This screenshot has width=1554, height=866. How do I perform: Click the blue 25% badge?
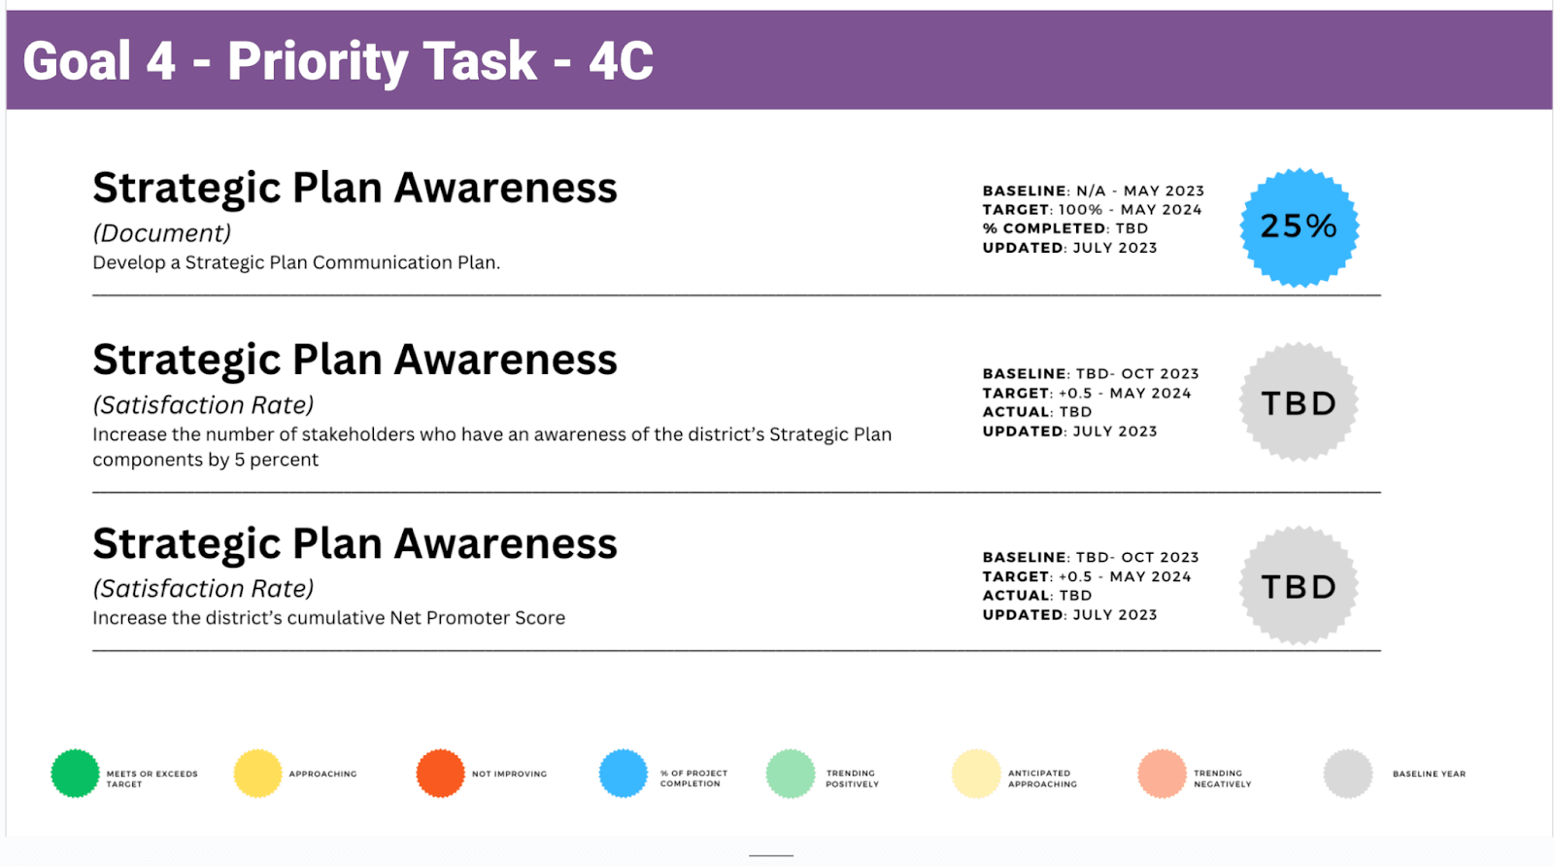click(x=1299, y=227)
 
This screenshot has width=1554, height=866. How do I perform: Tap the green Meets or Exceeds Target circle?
click(x=75, y=773)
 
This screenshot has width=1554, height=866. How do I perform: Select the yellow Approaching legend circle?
click(x=257, y=773)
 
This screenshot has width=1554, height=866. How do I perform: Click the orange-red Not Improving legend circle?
click(x=440, y=773)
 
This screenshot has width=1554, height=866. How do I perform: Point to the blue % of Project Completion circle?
click(x=623, y=773)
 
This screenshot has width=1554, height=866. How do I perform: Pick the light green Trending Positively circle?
click(x=791, y=773)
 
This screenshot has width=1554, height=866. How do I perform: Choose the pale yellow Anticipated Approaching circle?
click(x=975, y=773)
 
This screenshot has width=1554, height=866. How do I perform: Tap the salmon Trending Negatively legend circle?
click(x=1162, y=773)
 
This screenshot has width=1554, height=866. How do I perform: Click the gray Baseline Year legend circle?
click(x=1347, y=773)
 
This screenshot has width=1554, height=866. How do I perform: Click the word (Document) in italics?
click(x=161, y=233)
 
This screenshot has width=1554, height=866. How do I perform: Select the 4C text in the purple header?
click(x=621, y=61)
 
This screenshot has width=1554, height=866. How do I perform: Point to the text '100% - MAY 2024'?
click(x=1131, y=210)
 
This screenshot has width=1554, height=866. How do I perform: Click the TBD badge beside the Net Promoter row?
click(x=1299, y=585)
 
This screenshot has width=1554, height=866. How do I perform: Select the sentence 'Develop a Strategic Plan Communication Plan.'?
click(x=296, y=262)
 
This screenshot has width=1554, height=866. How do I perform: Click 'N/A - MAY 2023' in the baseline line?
click(x=1140, y=191)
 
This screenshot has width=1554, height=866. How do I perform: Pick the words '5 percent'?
click(x=276, y=460)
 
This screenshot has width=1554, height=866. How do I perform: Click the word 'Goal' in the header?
click(x=77, y=61)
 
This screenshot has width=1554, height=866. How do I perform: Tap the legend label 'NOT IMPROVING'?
click(x=509, y=774)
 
